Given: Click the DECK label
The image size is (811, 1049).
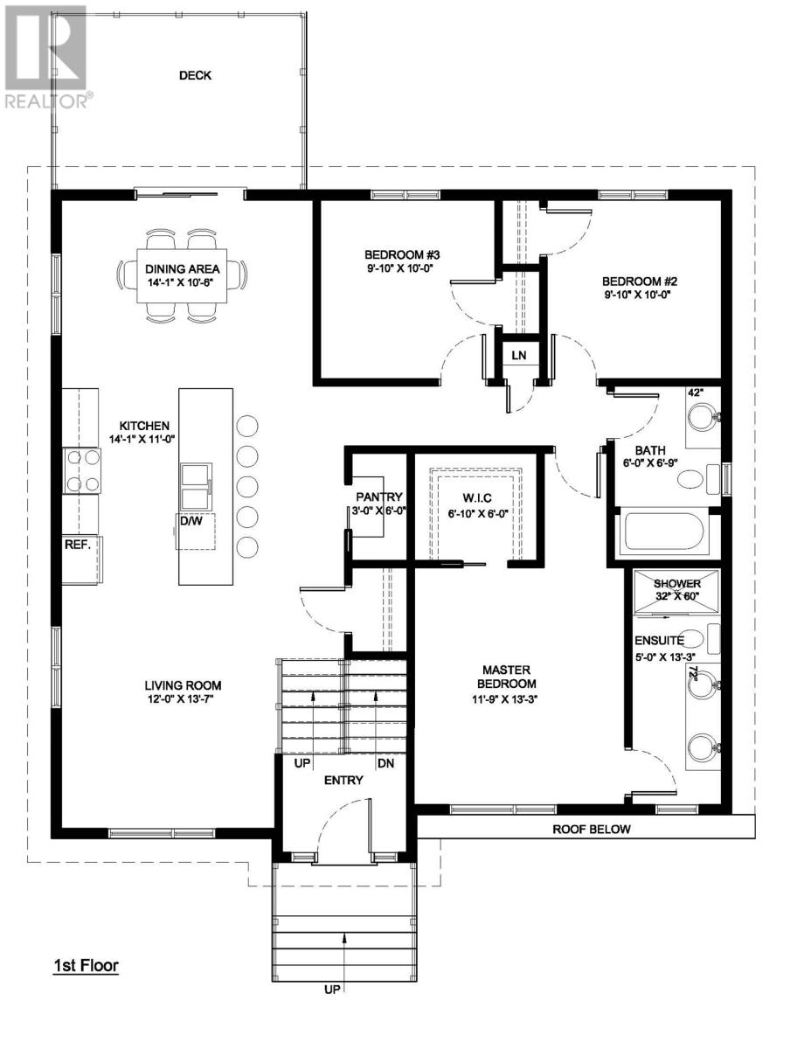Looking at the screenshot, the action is click(x=195, y=75).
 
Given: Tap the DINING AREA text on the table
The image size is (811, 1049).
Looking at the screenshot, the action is click(x=183, y=269).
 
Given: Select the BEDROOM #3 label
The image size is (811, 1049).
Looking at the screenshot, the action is click(x=402, y=254).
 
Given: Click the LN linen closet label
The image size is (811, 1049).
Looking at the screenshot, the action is click(x=518, y=355).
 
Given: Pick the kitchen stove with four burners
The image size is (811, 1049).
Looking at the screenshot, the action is click(x=82, y=470).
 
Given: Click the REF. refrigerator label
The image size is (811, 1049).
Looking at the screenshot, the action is click(x=78, y=545).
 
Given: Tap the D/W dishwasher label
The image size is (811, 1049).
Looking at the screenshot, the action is click(x=191, y=521).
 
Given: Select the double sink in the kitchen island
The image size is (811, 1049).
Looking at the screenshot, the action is click(x=196, y=486).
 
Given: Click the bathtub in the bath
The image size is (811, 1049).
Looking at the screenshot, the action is click(x=664, y=531).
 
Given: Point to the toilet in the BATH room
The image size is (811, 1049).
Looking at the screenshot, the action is click(x=698, y=479).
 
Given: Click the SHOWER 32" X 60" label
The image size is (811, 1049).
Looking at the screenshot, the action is click(x=677, y=590).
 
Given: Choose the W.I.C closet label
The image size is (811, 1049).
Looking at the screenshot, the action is click(x=476, y=498).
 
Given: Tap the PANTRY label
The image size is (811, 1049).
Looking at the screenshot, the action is click(x=379, y=497).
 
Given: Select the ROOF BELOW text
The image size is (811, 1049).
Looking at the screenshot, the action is click(x=591, y=830).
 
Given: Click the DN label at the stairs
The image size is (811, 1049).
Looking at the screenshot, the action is click(x=386, y=763).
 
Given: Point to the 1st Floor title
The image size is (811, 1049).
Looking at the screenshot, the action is click(x=86, y=965).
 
